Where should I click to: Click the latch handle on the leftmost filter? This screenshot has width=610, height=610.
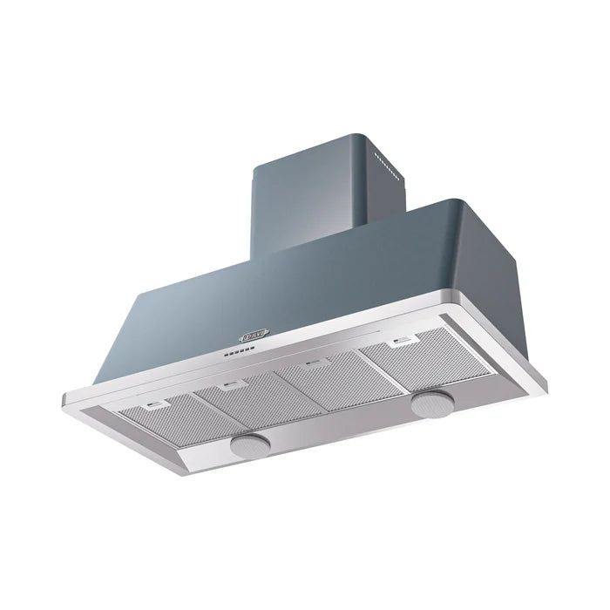[157, 404]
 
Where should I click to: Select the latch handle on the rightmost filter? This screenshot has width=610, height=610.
[402, 342]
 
